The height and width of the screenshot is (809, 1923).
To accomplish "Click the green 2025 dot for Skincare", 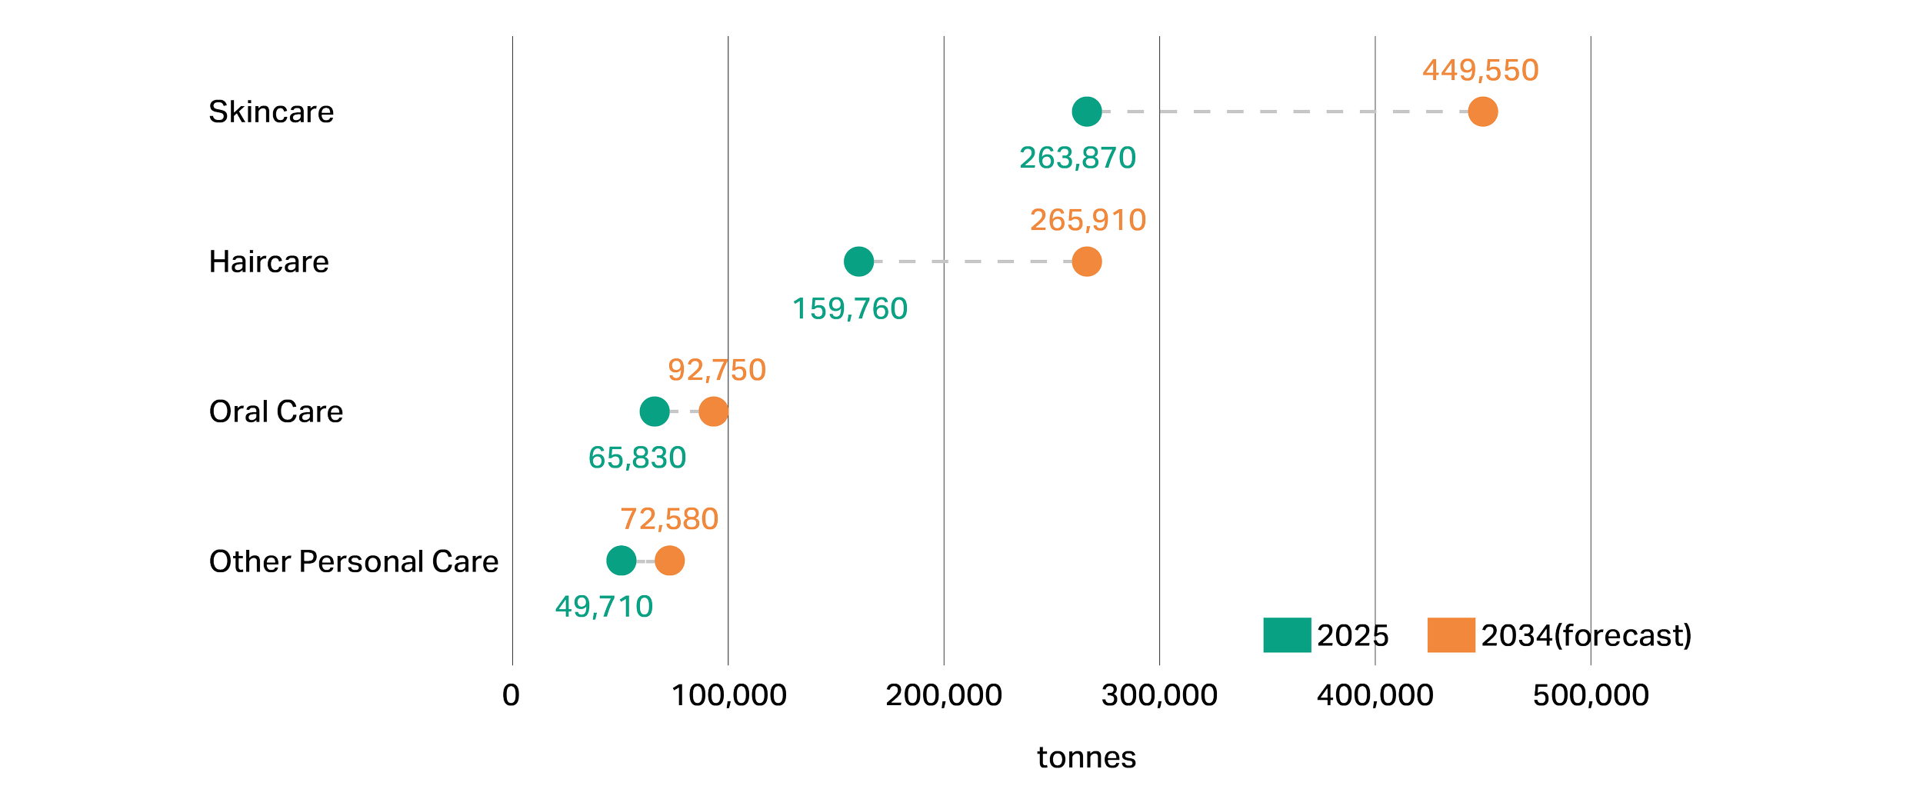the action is tap(1086, 112).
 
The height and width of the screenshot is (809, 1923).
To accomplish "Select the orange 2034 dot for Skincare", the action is tap(1482, 112).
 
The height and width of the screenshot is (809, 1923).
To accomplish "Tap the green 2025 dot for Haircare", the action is tap(858, 261).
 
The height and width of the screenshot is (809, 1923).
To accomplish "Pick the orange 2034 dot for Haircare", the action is tap(1086, 261).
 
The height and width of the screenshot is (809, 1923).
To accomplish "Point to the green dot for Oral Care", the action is tap(654, 411).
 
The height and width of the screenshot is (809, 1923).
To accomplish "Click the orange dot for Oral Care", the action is tap(713, 411).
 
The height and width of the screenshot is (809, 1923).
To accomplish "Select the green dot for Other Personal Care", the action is tap(621, 561).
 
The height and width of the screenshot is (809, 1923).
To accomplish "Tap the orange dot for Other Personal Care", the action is tap(669, 561).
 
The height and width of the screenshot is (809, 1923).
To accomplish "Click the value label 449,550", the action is tap(1480, 71).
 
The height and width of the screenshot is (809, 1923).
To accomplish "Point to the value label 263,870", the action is tap(1078, 158).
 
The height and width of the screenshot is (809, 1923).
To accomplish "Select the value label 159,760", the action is tap(850, 309).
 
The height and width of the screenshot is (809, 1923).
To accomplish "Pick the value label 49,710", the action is tap(604, 608).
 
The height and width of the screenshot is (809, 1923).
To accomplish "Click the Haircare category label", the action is tap(269, 262).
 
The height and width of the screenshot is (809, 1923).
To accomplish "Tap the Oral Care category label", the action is tap(276, 412).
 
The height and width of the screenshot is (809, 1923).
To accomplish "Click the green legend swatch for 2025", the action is tap(1287, 635).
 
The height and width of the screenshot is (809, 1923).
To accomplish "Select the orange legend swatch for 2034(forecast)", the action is tap(1451, 635).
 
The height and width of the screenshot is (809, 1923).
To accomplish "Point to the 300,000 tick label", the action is tap(1159, 696).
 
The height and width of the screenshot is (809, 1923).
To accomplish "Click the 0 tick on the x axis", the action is tap(511, 696).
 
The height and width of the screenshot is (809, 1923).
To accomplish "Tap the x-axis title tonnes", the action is tap(1086, 758).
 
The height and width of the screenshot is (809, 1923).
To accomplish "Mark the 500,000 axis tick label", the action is tap(1591, 696).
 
